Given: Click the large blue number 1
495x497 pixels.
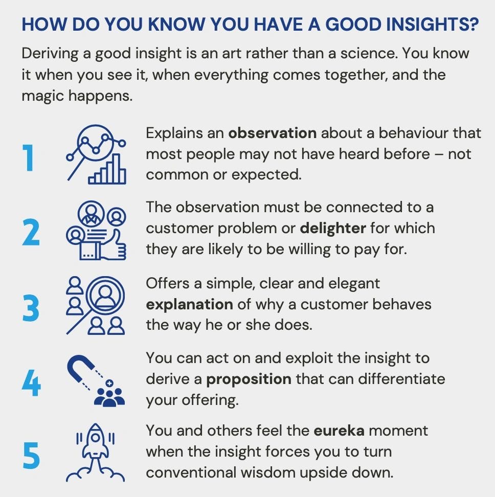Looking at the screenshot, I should [29, 158].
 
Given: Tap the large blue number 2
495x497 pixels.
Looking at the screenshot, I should [31, 233].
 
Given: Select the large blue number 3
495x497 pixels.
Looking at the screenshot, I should [31, 308].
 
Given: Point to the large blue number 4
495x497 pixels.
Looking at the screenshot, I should [31, 384].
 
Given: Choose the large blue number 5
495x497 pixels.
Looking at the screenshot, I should [31, 457].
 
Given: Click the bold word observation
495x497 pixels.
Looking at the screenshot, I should [272, 133].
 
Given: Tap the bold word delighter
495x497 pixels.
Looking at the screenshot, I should [333, 228].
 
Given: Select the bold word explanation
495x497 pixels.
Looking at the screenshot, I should [189, 305].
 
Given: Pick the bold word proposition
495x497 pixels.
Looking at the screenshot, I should [249, 379].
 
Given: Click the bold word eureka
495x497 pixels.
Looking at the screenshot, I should [339, 431].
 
